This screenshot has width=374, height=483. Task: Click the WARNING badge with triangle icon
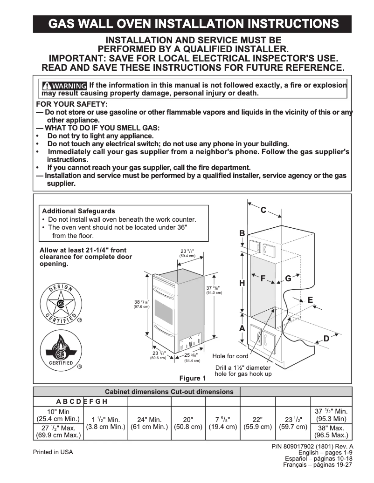point(64,86)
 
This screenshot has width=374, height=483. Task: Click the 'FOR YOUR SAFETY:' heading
point(72,104)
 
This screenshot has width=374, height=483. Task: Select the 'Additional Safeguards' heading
point(78,211)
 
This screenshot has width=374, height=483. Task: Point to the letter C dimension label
point(263,210)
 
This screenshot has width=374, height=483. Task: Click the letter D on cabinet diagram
point(326,339)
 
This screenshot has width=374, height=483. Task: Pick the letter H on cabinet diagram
point(242,283)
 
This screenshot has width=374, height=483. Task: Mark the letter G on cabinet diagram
point(288,279)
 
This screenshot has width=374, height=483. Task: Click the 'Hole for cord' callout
point(230,356)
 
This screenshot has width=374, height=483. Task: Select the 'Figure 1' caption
point(193,378)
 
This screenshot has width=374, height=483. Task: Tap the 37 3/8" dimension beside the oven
point(214,290)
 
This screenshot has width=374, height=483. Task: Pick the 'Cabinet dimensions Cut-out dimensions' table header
point(169,392)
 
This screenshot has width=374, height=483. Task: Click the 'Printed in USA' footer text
point(53,452)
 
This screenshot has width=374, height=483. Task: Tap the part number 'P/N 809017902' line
point(312,446)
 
